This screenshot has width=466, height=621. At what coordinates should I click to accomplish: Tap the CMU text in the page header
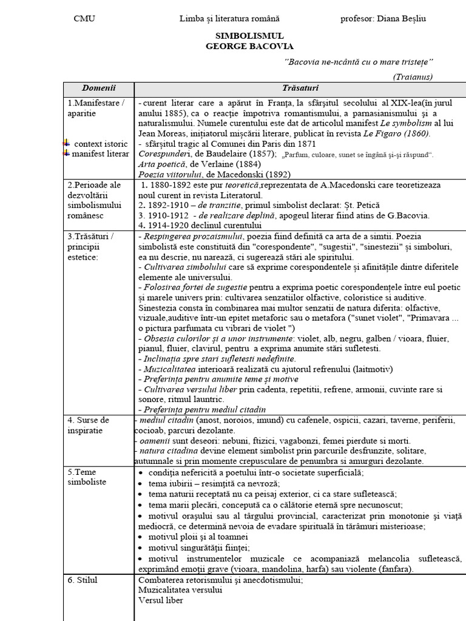84,19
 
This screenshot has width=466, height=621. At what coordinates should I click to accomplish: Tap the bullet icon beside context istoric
67,143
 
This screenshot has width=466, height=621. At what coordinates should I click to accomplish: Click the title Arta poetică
161,164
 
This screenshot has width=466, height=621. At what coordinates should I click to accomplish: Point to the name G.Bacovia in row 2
408,215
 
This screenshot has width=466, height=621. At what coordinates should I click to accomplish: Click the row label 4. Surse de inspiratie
89,425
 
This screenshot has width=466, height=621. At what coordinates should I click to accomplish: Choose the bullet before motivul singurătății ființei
141,548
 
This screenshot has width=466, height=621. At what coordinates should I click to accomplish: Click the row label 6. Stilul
83,580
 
